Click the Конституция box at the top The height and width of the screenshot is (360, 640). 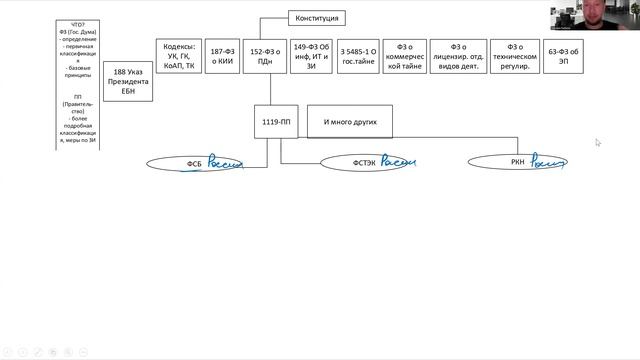click(319, 18)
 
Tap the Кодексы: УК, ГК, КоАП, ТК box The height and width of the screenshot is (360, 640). click(177, 57)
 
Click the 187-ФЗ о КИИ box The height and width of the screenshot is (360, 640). click(223, 57)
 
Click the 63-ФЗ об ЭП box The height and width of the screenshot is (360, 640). click(563, 57)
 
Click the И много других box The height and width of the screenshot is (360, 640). click(349, 121)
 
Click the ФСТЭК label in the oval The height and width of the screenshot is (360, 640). click(363, 163)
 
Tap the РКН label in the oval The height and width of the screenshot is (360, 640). click(517, 161)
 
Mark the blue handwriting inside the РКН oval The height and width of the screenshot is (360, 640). click(549, 160)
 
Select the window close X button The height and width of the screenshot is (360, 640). click(633, 4)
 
